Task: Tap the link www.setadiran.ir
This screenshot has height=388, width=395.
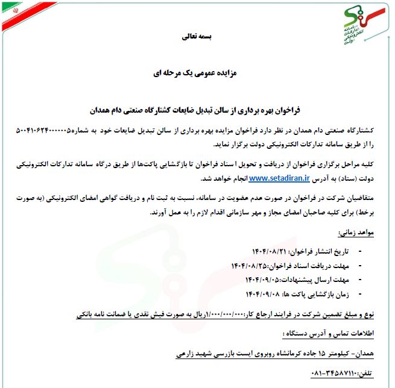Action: (x=279, y=178)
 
